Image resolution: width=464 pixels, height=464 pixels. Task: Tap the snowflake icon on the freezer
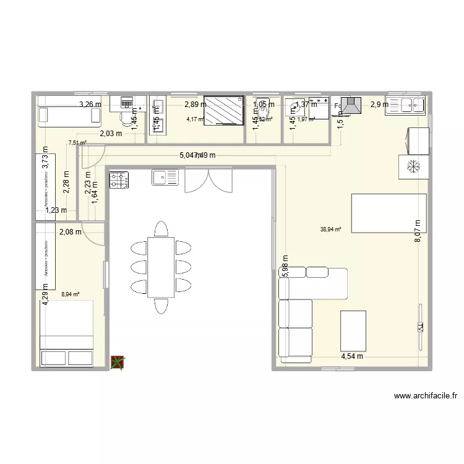tap(412, 166)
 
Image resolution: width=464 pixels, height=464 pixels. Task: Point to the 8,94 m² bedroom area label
tap(71, 294)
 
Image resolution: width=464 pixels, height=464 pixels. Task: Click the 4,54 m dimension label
tap(351, 356)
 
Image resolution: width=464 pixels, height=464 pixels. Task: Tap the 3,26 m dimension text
tap(90, 105)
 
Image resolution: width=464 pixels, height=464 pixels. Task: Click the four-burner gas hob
tap(119, 179)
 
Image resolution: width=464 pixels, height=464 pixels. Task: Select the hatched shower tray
tap(223, 111)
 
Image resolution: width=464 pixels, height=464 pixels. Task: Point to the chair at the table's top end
tap(161, 229)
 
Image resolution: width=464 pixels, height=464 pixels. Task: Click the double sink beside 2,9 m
tap(405, 105)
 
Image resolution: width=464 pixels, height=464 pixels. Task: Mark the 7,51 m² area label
tap(77, 143)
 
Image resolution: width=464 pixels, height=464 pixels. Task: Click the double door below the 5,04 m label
tap(200, 180)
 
